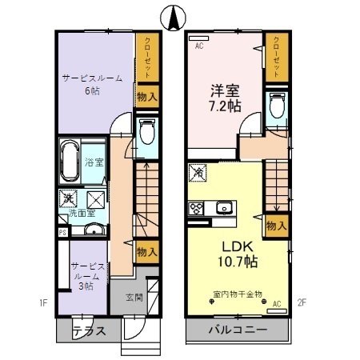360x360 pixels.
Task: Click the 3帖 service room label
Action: click(84, 275)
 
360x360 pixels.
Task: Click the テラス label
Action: click(89, 331)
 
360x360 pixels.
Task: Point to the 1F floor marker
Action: click(45, 304)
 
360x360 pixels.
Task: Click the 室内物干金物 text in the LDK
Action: click(237, 294)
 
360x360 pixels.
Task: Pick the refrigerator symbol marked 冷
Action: click(198, 171)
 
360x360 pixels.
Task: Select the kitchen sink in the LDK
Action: click(224, 208)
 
